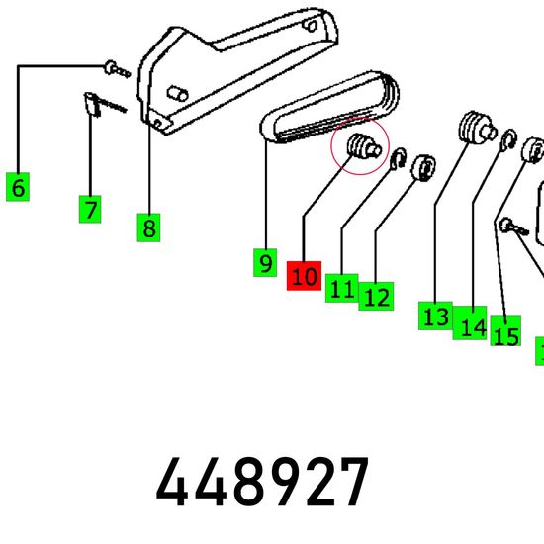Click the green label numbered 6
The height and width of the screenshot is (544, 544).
18,186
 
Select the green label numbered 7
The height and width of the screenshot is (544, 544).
90,209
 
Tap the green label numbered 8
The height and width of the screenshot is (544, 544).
148,227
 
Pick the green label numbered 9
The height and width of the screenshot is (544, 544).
265,263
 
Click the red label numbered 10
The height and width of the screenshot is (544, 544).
304,276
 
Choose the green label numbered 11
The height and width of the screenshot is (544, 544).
342,288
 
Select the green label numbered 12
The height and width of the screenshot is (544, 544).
376,296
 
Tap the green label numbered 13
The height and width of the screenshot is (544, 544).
435,316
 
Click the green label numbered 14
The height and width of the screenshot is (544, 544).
470,322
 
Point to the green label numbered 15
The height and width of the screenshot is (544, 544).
505,330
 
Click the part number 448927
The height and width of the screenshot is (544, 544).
262,482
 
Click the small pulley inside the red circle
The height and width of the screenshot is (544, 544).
364,146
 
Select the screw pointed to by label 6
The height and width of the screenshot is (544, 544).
117,68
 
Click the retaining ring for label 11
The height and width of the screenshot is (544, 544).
398,159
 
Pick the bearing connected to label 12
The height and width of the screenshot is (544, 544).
423,168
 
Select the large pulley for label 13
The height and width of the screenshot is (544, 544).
477,128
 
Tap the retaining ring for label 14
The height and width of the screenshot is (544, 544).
508,140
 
